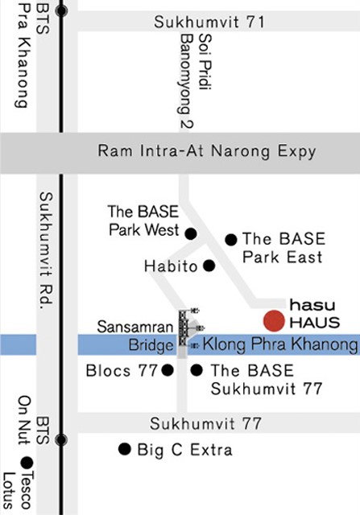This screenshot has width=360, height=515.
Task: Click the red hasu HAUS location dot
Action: pos(274,321)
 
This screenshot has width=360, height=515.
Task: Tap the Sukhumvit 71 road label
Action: pos(209,23)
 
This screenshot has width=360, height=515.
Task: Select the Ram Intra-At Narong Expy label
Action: pos(207,151)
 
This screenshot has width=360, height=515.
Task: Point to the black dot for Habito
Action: pos(209,266)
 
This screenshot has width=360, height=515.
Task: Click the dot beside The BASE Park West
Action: pos(191,234)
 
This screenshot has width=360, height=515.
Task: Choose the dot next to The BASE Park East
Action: pos(231,240)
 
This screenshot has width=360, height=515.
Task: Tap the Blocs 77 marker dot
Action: pos(168,370)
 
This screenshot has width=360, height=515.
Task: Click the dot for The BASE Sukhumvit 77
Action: pos(197,370)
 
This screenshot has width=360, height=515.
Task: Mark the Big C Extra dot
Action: pos(125,449)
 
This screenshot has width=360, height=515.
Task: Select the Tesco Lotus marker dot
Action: pos(27,463)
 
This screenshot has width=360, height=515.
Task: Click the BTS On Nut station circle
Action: pos(61,440)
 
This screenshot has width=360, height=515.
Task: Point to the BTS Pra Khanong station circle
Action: pos(61,10)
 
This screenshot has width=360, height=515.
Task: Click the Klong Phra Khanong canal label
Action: pos(280,344)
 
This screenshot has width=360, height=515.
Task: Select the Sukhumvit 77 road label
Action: pos(206,424)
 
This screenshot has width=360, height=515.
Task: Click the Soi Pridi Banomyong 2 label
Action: pos(196,81)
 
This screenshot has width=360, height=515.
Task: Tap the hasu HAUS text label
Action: pos(314,314)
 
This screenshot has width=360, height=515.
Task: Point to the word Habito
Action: pos(171,266)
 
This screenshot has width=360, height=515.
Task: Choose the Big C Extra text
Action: pos(184,450)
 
